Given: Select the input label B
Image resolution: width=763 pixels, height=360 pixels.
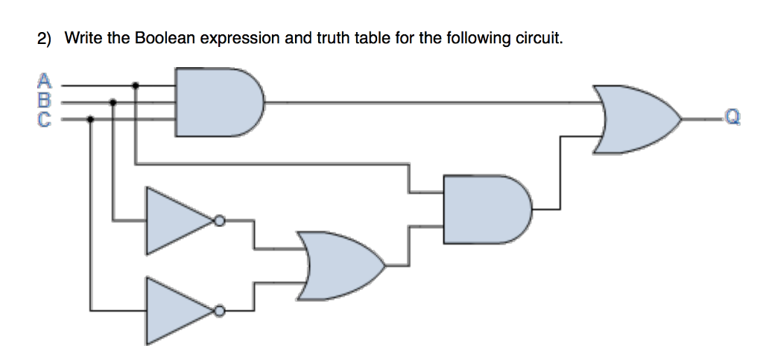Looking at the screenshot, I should point(45,97).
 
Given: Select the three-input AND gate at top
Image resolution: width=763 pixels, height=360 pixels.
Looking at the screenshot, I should point(217,102).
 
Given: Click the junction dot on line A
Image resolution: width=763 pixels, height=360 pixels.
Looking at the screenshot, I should point(135,85).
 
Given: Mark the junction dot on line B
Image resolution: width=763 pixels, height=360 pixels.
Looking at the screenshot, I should point(113,102).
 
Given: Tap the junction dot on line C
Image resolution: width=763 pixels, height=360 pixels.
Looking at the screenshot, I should point(91,119).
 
